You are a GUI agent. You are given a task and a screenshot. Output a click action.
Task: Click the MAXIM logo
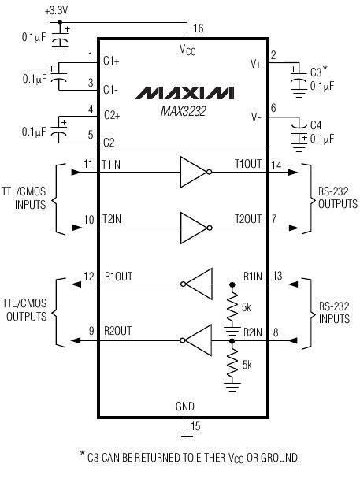click(184, 93)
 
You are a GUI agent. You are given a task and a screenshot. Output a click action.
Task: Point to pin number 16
click(198, 28)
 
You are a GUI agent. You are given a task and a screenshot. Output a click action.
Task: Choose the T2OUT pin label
click(249, 217)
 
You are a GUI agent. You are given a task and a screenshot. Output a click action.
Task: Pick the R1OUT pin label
click(120, 277)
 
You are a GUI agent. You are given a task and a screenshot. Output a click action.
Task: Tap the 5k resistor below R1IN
click(232, 306)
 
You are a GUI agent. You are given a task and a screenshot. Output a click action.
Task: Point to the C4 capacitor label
click(316, 124)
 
